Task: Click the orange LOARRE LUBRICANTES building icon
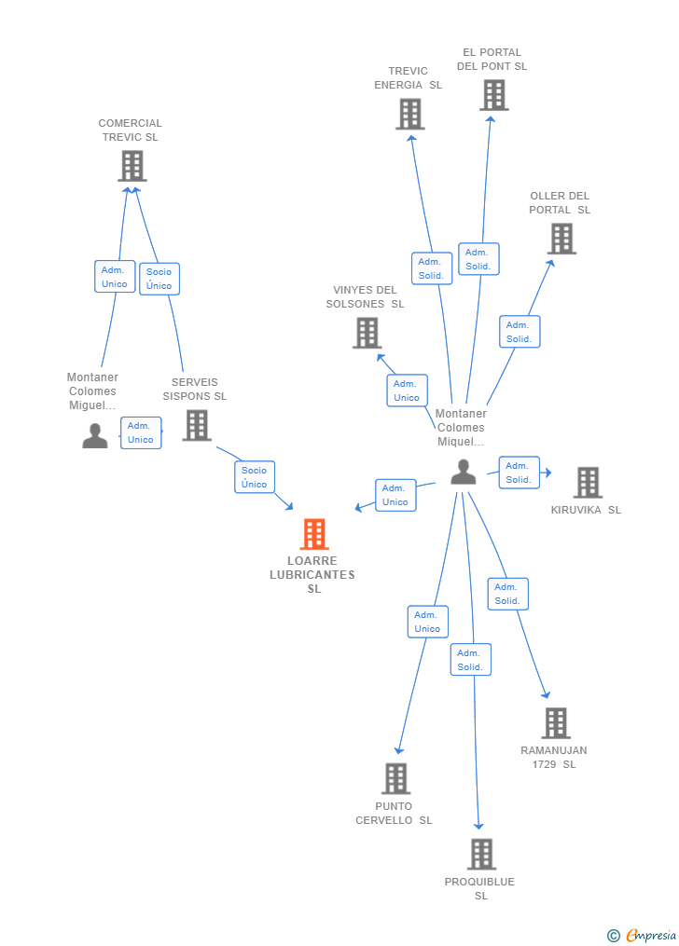point(314,534)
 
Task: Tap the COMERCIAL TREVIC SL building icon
point(132,166)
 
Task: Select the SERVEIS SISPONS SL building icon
point(196,425)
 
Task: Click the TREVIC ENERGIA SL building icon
point(409,114)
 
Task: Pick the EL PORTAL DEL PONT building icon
point(493,95)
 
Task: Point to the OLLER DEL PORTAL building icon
point(561,239)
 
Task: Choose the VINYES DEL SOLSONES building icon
point(367,333)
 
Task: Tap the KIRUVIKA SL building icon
point(587,482)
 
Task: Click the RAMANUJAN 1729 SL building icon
point(555,722)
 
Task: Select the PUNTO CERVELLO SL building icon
point(395,778)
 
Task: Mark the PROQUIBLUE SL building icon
point(480,854)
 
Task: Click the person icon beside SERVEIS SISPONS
point(94,435)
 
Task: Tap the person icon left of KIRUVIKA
point(463,473)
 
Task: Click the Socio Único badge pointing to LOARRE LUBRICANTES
point(255,477)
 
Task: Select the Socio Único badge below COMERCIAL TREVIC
point(159,279)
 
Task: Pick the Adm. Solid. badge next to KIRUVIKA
point(519,473)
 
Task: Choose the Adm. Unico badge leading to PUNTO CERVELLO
point(427,622)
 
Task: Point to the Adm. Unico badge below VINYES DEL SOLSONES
point(407,391)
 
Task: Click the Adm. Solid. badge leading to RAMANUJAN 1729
point(507,594)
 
